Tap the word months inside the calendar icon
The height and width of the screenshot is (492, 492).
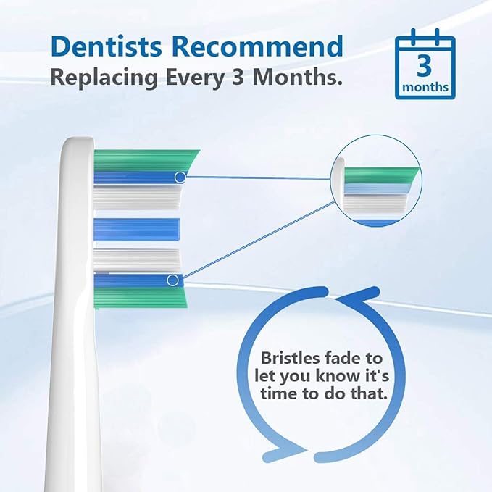pyautogui.click(x=425, y=88)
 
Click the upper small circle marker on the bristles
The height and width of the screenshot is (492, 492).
pyautogui.click(x=180, y=176)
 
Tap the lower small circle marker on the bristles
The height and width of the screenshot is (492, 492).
pyautogui.click(x=172, y=280)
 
